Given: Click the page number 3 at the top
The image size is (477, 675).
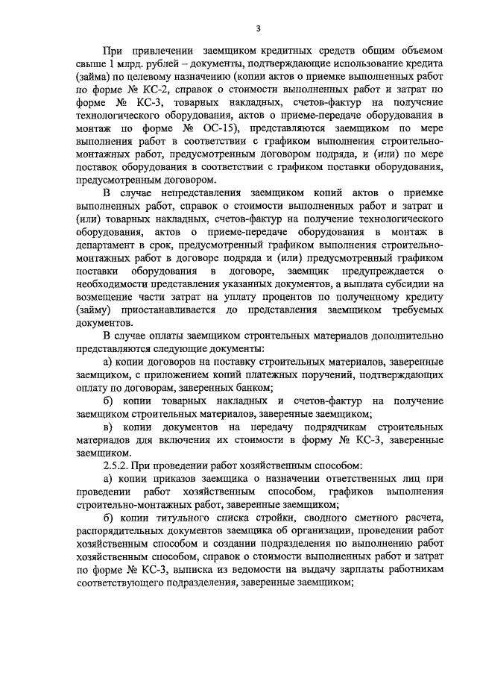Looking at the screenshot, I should (x=257, y=29).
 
